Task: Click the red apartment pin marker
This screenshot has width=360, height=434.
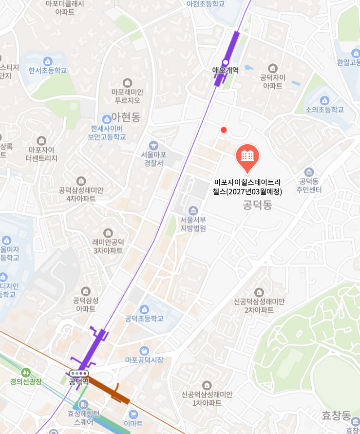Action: tap(247, 157)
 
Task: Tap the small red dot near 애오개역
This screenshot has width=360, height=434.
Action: tap(224, 130)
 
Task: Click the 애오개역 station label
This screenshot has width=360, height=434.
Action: tap(225, 70)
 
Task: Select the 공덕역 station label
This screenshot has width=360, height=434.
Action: tap(79, 381)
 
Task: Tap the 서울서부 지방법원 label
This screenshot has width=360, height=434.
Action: tap(193, 224)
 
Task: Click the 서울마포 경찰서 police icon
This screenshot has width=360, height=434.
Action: tap(153, 145)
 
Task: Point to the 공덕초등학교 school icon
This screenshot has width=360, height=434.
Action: tap(144, 309)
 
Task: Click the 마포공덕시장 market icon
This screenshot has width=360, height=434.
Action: tap(144, 351)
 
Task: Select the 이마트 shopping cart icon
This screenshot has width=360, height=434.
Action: tap(133, 415)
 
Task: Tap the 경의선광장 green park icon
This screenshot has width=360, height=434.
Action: tap(26, 372)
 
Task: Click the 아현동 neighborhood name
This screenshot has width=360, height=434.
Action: tap(126, 117)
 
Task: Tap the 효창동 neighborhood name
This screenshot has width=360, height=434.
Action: tap(336, 415)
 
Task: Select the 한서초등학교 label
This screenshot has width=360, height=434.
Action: tap(48, 71)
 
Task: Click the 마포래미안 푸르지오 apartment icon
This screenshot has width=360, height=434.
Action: tap(128, 83)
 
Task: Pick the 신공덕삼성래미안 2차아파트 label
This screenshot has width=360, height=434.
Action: tap(259, 305)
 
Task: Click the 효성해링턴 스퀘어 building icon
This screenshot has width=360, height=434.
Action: tap(83, 405)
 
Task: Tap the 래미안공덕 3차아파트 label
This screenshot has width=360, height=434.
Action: tap(108, 246)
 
